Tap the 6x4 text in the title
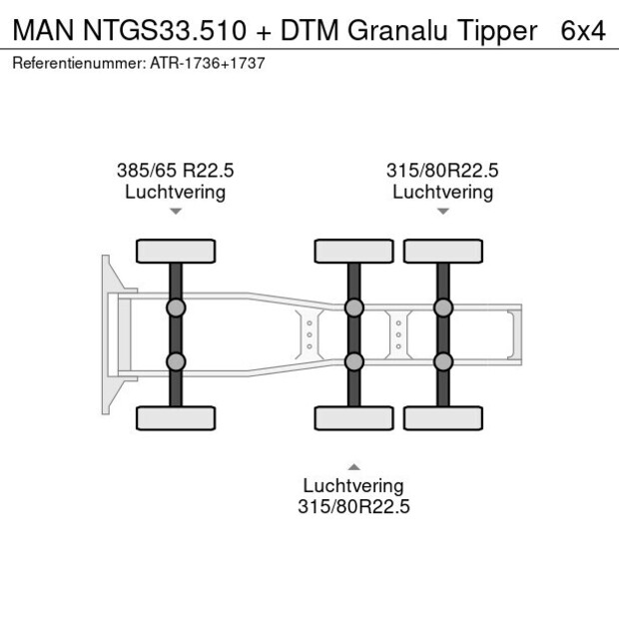583,31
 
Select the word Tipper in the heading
497,31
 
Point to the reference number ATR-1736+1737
207,62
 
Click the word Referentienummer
79,62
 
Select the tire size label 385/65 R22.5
175,171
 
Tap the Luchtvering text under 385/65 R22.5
175,192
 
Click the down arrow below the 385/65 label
175,212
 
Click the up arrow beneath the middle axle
353,466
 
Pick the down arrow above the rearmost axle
442,212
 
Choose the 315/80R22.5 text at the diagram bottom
353,506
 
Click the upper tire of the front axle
175,251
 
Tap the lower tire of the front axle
175,417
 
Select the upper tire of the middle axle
353,251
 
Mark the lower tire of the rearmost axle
442,417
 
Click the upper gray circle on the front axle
175,308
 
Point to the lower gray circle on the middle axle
353,361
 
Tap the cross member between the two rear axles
398,334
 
